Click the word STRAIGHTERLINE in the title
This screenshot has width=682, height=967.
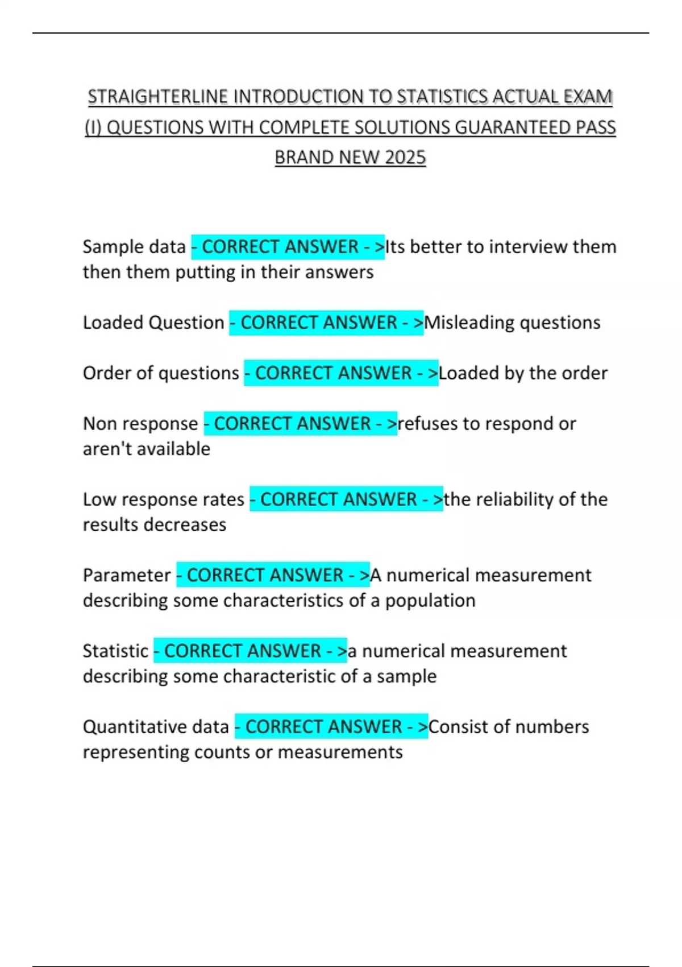pyautogui.click(x=157, y=97)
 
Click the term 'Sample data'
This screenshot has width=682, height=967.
pyautogui.click(x=134, y=247)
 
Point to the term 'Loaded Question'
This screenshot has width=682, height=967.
pyautogui.click(x=153, y=323)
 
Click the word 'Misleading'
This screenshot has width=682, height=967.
pyautogui.click(x=469, y=323)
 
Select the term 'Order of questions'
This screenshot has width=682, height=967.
pyautogui.click(x=161, y=373)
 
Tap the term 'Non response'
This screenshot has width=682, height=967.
pyautogui.click(x=140, y=424)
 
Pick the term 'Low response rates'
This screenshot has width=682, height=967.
pyautogui.click(x=164, y=499)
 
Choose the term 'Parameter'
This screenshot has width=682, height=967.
pyautogui.click(x=127, y=575)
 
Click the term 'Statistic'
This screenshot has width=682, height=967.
pyautogui.click(x=115, y=651)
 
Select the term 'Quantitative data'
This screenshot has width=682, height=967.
pyautogui.click(x=156, y=726)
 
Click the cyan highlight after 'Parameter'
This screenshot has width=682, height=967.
pyautogui.click(x=273, y=575)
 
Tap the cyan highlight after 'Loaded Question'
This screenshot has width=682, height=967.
pyautogui.click(x=326, y=323)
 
